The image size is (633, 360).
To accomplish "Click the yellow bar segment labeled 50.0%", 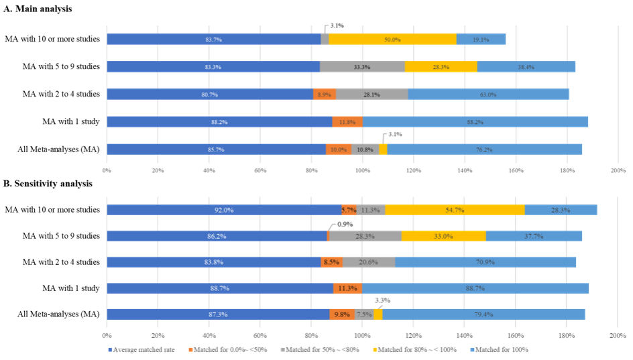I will click(x=392, y=40).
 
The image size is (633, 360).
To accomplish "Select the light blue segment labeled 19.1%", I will click(x=481, y=40).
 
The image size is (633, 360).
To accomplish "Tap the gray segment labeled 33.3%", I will click(x=362, y=66).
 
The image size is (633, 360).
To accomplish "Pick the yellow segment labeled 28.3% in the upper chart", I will click(x=441, y=66).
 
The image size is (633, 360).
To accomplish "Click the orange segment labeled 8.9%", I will click(x=325, y=95).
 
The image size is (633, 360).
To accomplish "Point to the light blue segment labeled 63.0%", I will click(x=488, y=95).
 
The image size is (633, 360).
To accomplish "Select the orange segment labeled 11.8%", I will click(x=347, y=122).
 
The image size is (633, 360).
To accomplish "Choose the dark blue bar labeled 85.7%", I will click(x=216, y=149).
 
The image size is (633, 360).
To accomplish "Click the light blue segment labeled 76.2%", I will click(x=485, y=149).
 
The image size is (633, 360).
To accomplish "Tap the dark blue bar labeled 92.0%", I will click(x=224, y=210).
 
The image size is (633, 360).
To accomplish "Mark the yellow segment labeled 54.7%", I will click(x=455, y=210).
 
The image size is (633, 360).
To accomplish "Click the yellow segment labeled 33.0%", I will click(x=443, y=236).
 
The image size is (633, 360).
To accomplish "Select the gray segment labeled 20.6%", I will click(x=369, y=262).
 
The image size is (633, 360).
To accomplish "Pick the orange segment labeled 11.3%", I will click(x=347, y=288).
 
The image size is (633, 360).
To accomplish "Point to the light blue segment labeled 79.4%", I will click(x=483, y=314).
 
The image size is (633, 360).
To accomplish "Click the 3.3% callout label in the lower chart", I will click(x=382, y=300).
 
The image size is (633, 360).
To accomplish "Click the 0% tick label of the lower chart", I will click(x=107, y=334).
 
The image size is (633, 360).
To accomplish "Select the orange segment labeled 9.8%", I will click(x=342, y=314).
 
